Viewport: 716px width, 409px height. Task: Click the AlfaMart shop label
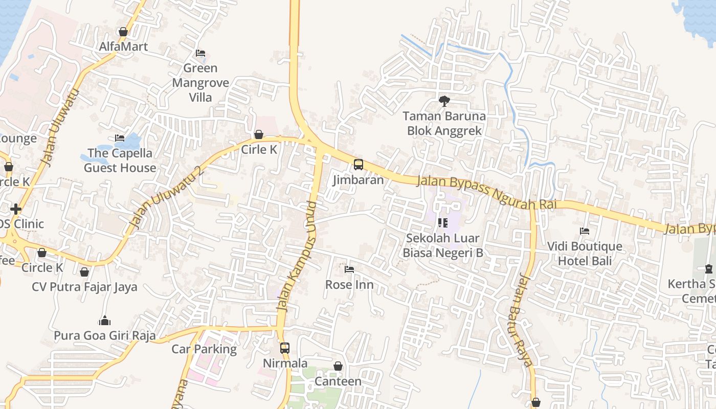pos(123,47)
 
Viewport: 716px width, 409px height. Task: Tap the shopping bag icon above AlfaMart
pos(123,32)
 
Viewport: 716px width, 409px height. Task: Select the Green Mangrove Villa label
pos(200,82)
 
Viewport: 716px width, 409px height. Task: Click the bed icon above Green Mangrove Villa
pos(200,53)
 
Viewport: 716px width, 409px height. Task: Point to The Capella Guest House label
pos(120,160)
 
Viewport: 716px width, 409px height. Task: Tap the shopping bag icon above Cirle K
pos(259,134)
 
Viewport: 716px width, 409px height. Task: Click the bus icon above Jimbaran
pos(359,165)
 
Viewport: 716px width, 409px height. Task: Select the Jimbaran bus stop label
pos(358,180)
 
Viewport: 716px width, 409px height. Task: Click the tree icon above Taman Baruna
pos(444,101)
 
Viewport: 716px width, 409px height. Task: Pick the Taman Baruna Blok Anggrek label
pos(444,123)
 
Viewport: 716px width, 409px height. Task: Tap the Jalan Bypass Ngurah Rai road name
pos(486,193)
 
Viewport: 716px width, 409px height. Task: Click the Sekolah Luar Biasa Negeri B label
pos(443,245)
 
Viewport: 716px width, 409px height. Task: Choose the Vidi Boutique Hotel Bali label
pos(585,254)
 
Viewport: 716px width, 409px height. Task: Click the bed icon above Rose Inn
pos(349,269)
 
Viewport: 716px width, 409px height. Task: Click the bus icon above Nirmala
pos(285,348)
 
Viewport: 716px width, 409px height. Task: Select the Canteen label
pos(338,381)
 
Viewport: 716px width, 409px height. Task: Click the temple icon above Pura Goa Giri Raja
pos(105,321)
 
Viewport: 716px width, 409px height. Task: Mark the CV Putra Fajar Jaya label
pos(84,286)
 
